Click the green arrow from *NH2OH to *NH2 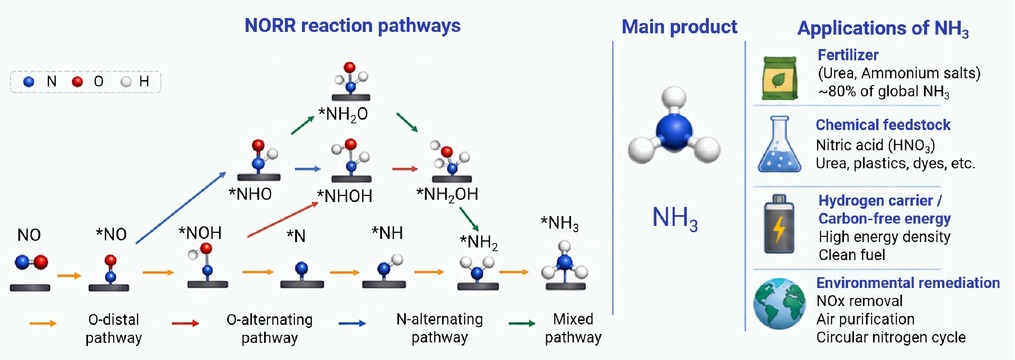pos(469,219)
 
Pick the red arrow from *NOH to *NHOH pos(282,220)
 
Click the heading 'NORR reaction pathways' pos(353,27)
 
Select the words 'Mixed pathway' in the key pos(578,328)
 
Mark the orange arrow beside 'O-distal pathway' pos(39,320)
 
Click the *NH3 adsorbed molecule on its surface pos(565,267)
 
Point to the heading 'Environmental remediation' pos(908,283)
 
